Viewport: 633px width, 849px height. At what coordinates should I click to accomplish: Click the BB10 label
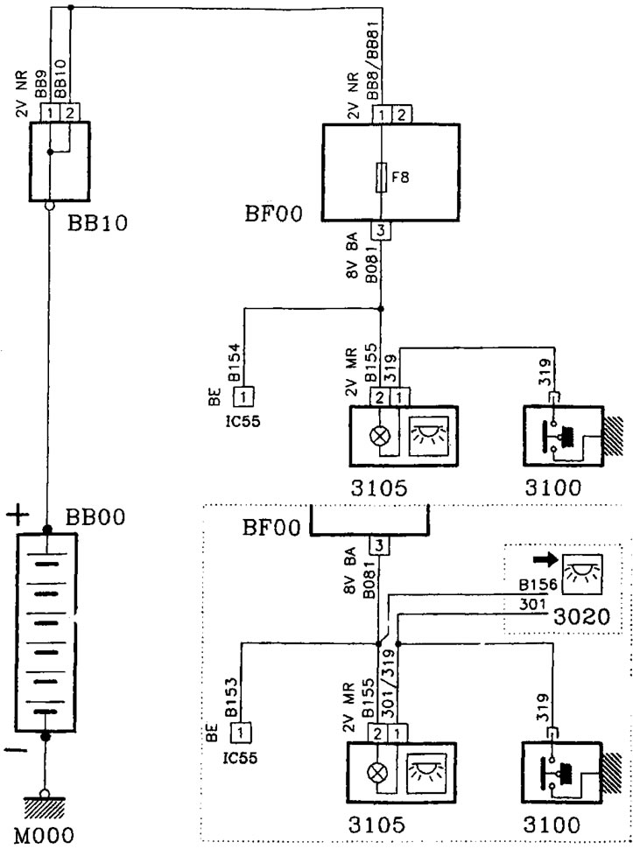97,221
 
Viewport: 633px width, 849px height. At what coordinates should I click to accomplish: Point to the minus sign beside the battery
15,750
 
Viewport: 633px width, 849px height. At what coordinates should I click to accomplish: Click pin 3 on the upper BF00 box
383,231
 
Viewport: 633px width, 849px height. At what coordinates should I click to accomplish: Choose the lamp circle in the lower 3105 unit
377,769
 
